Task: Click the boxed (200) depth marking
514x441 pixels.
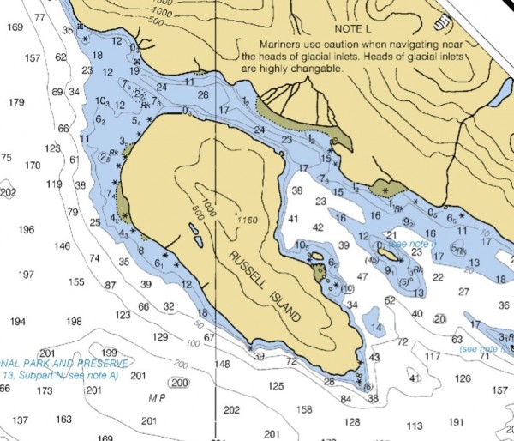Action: click(x=179, y=383)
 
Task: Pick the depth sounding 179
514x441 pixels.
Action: click(x=16, y=102)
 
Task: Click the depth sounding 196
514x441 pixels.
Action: click(x=27, y=229)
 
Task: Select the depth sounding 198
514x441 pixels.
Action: click(x=75, y=322)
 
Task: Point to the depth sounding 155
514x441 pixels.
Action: click(x=76, y=281)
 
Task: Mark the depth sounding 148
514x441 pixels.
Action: click(x=222, y=364)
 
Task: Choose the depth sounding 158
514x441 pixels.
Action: click(x=304, y=409)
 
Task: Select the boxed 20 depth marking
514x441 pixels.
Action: click(x=440, y=318)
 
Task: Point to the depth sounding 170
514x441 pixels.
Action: click(x=33, y=165)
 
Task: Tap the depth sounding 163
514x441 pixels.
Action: click(x=63, y=420)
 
